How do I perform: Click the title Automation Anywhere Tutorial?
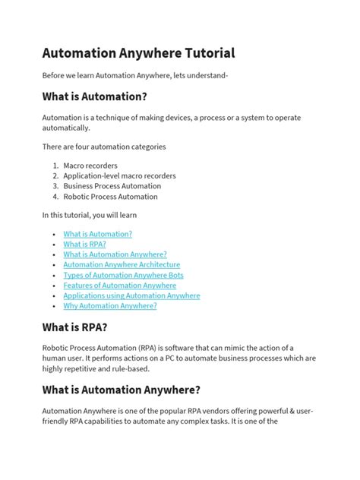tap(138, 53)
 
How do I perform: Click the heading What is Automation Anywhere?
tap(122, 389)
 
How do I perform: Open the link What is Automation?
tap(98, 235)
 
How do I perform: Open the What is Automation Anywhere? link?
tap(115, 255)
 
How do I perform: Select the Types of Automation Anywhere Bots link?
tap(123, 275)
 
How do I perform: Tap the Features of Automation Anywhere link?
tap(119, 286)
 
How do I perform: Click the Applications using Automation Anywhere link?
tap(131, 295)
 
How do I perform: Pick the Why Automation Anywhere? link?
tap(110, 305)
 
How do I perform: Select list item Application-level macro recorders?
tap(119, 175)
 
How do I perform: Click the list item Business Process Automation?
tap(112, 186)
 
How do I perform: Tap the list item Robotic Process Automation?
tap(110, 197)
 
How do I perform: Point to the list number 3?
tap(55, 186)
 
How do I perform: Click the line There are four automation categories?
tap(103, 147)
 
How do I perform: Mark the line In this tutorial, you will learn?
tap(89, 216)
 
